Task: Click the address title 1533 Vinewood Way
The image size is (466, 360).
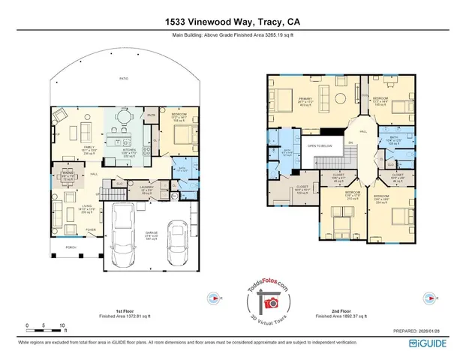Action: (x=233, y=22)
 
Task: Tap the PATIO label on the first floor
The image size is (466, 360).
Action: (x=124, y=77)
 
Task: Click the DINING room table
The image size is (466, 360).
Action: (x=70, y=178)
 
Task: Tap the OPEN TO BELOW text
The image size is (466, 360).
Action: (x=320, y=146)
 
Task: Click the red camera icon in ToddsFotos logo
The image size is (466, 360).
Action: (x=271, y=302)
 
